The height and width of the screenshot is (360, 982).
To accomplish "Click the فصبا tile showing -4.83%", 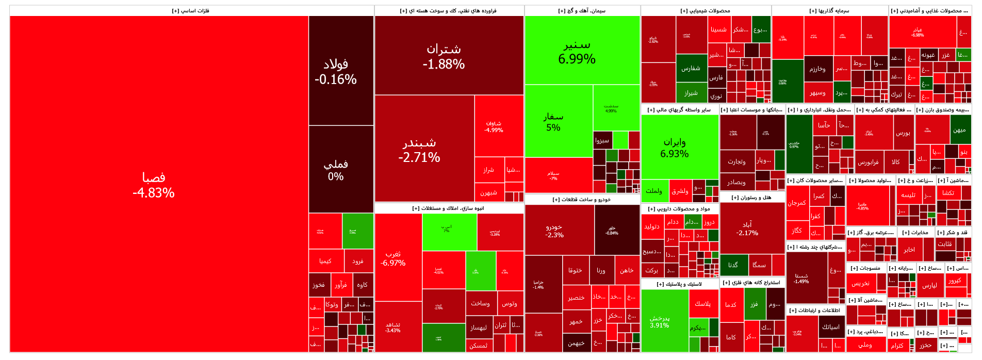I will pyautogui.click(x=154, y=185).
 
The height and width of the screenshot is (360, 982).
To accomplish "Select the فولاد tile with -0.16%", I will pyautogui.click(x=336, y=71).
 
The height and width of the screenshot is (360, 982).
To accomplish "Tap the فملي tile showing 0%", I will pyautogui.click(x=336, y=170).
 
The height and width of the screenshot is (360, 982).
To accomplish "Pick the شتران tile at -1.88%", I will pyautogui.click(x=444, y=56).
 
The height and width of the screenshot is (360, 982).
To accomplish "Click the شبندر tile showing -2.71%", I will pyautogui.click(x=419, y=150).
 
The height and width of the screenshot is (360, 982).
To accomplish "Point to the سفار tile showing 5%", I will pyautogui.click(x=553, y=122).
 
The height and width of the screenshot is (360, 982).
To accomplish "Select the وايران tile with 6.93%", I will pyautogui.click(x=675, y=148).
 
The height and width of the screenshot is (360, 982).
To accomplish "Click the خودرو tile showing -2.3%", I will pyautogui.click(x=554, y=231).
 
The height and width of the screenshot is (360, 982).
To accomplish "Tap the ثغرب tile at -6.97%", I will pyautogui.click(x=393, y=258).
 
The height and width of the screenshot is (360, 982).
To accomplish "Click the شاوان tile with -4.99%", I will pyautogui.click(x=494, y=126).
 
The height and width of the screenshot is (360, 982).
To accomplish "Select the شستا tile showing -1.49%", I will pyautogui.click(x=801, y=279).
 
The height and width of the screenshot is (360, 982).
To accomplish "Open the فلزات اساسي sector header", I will pyautogui.click(x=191, y=11).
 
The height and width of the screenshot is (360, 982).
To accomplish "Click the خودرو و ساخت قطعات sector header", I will pyautogui.click(x=582, y=200).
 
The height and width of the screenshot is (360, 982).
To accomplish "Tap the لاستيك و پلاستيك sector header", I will pyautogui.click(x=680, y=284).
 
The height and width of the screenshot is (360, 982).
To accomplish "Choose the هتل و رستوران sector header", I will pyautogui.click(x=752, y=198).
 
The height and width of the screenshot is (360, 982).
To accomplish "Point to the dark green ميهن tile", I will pyautogui.click(x=959, y=130).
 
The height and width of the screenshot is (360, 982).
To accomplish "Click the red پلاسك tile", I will pyautogui.click(x=702, y=304).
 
